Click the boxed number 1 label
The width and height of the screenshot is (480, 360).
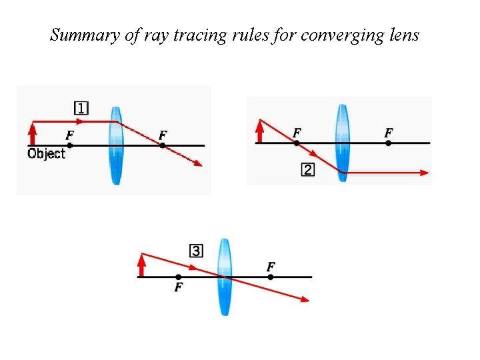pyautogui.click(x=81, y=108)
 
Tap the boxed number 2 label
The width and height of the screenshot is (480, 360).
pyautogui.click(x=307, y=170)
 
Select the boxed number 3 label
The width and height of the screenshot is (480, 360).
pyautogui.click(x=197, y=251)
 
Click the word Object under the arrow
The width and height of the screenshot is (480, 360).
pyautogui.click(x=46, y=154)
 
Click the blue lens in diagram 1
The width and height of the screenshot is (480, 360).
pyautogui.click(x=116, y=145)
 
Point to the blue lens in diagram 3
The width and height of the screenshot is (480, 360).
pyautogui.click(x=224, y=277)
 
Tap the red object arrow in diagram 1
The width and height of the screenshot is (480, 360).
pyautogui.click(x=32, y=133)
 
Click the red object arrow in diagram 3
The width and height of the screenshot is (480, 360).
pyautogui.click(x=141, y=265)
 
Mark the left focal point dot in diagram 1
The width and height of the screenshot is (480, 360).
pyautogui.click(x=70, y=145)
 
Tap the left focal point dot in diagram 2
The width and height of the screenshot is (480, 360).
pyautogui.click(x=297, y=143)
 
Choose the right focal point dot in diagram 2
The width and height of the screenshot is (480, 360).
pyautogui.click(x=389, y=143)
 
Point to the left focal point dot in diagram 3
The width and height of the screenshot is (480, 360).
pyautogui.click(x=178, y=277)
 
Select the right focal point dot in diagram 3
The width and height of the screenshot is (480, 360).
pyautogui.click(x=271, y=277)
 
